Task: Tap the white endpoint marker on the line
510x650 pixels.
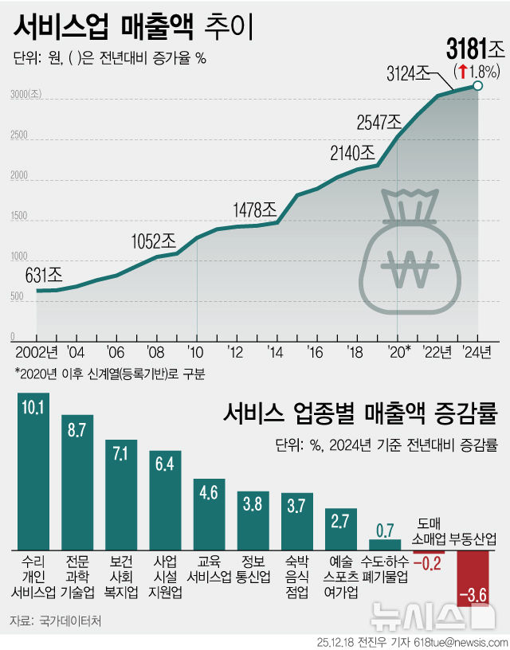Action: (477, 86)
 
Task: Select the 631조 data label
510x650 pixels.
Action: (45, 276)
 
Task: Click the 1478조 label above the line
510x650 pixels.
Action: (254, 209)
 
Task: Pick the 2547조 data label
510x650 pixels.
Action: (379, 122)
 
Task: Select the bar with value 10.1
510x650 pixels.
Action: (33, 471)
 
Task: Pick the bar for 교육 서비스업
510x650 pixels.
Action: (209, 515)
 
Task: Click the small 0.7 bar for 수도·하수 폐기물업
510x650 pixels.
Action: (385, 542)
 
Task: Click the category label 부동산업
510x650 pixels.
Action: (473, 539)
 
